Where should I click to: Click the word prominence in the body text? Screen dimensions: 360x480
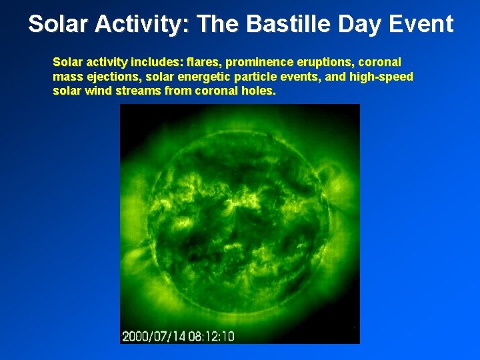(256, 62)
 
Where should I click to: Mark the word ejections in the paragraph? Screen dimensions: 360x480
(111, 77)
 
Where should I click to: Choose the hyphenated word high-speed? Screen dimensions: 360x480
(381, 77)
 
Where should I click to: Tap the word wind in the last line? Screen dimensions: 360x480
(99, 91)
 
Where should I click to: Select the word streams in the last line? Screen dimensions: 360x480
(138, 91)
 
